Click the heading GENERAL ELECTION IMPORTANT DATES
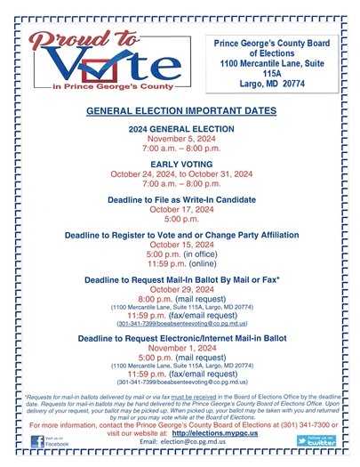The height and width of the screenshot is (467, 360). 179,113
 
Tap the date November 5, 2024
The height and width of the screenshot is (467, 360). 179,141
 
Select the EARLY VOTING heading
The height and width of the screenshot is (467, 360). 179,163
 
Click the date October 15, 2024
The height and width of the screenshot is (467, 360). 179,244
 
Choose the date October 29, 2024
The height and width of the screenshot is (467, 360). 179,289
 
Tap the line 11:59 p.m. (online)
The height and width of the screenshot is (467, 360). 179,264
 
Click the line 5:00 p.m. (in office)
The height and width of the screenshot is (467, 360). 179,254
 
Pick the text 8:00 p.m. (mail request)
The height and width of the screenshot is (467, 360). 179,299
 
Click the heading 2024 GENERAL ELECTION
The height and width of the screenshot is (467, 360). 179,130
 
